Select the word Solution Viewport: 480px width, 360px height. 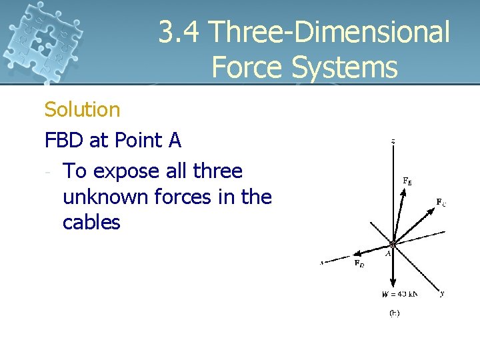pos(82,109)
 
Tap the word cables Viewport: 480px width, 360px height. pos(91,222)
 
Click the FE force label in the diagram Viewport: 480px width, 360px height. pos(407,180)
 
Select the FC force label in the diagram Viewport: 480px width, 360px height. pos(441,201)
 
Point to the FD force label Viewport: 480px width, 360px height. pos(359,263)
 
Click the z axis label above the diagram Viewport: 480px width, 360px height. pos(393,141)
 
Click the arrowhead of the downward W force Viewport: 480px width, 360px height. pos(394,283)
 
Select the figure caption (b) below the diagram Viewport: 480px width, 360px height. pos(394,313)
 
